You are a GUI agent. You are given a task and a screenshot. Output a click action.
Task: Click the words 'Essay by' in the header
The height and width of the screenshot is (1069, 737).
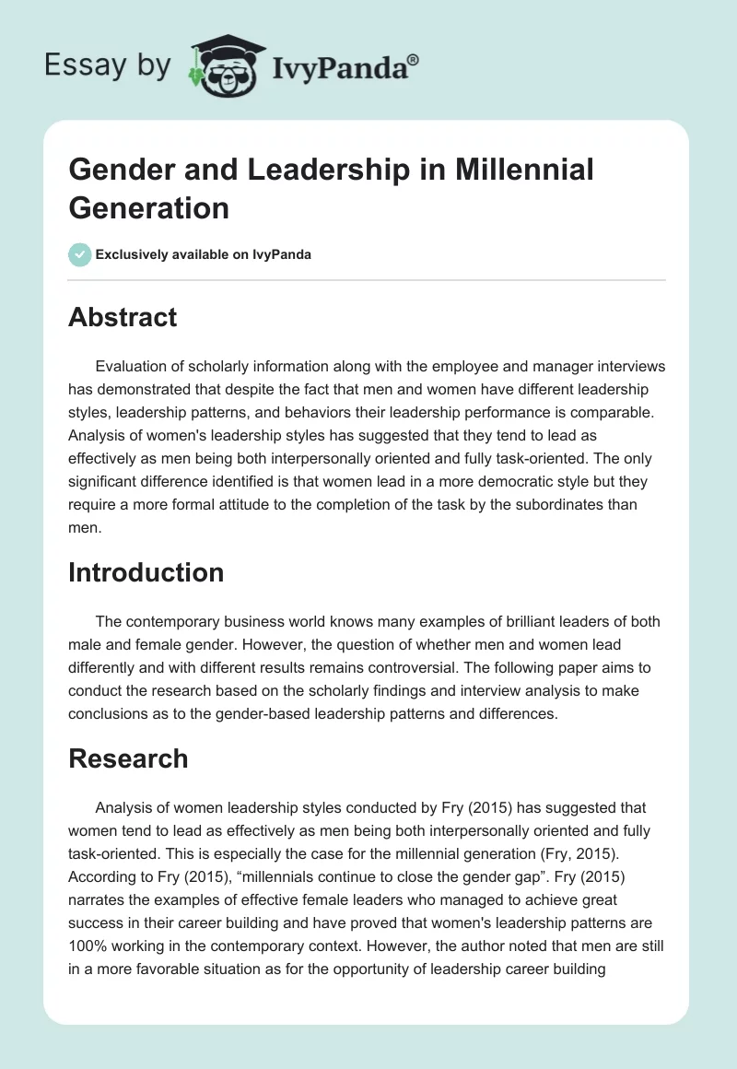[x=107, y=65]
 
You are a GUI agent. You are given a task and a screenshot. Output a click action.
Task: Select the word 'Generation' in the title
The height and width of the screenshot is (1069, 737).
[x=148, y=207]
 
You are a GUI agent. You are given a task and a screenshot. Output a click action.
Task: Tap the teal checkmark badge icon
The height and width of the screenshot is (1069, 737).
[x=80, y=254]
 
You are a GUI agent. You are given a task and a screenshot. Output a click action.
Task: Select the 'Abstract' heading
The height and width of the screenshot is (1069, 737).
[x=123, y=317]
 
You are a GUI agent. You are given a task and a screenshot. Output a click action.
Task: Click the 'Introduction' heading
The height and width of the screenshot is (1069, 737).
[x=146, y=572]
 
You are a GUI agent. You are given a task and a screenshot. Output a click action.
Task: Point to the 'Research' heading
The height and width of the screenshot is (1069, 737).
[x=128, y=758]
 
